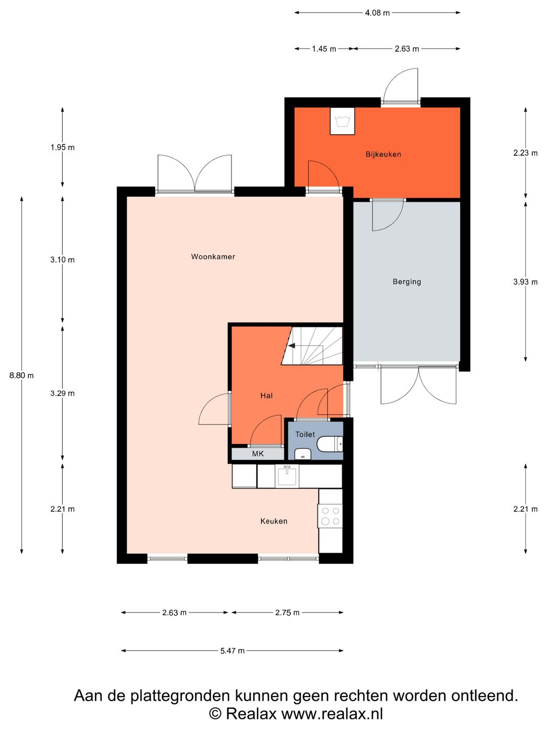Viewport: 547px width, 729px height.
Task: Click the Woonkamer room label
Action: [213, 256]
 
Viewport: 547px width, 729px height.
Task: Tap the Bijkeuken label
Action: [383, 154]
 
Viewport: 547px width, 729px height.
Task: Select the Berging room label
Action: [407, 281]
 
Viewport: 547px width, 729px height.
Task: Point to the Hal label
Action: [266, 395]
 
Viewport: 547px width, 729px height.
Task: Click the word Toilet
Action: [305, 434]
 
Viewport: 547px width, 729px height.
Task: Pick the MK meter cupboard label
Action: [258, 454]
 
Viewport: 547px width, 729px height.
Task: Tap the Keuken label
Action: [273, 521]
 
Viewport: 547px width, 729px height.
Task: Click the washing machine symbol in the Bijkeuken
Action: [342, 121]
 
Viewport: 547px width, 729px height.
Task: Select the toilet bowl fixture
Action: [330, 444]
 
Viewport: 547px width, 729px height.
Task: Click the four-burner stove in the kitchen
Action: [330, 516]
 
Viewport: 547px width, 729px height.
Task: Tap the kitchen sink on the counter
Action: [287, 476]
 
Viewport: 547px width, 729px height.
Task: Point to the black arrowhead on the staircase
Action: [292, 346]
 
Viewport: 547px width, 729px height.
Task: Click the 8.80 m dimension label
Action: [22, 376]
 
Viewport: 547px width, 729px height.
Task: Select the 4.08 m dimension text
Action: [377, 13]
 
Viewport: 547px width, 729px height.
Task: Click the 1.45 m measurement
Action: [324, 49]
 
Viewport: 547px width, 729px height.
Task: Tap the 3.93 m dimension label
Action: [525, 282]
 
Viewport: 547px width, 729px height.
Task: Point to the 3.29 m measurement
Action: [62, 393]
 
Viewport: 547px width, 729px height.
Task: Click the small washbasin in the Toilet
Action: [302, 453]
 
